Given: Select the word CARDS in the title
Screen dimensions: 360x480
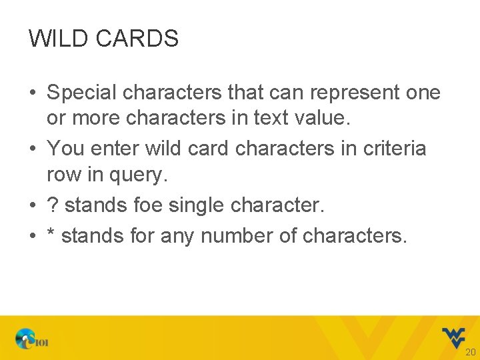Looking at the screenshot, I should click(x=137, y=39).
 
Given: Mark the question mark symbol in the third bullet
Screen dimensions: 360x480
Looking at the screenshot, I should click(x=52, y=205).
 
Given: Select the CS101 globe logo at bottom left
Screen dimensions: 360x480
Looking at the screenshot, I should click(x=31, y=339).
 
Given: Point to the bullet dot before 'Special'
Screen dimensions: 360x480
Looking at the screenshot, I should click(x=32, y=93).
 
